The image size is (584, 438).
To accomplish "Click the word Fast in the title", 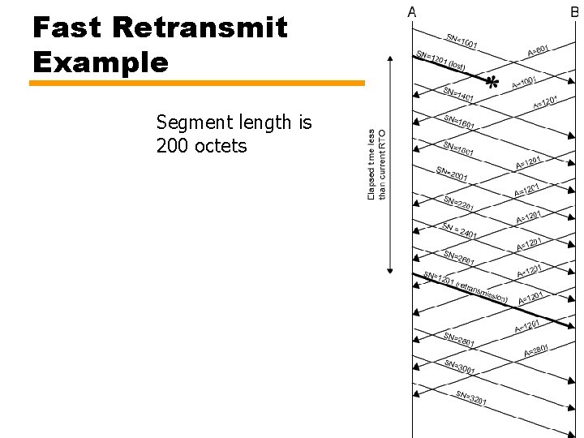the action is (x=67, y=28).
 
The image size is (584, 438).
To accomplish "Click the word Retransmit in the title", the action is (x=200, y=28).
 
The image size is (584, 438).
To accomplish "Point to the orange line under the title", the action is (x=198, y=83).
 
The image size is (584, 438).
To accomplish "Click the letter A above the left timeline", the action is (x=412, y=11).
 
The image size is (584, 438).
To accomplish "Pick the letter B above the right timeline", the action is (x=574, y=11).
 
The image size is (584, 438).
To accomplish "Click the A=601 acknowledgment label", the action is (x=539, y=50).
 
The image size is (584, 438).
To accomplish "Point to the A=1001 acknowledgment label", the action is (x=524, y=82).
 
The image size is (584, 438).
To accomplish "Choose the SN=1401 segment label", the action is (x=459, y=96).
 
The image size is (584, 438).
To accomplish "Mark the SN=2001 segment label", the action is (x=452, y=175).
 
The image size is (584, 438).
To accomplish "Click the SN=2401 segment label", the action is (x=459, y=230).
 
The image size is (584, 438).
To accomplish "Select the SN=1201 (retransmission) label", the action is (x=466, y=287).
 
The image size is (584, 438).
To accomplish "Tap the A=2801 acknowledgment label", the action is (x=536, y=350).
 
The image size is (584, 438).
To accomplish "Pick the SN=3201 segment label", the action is (x=471, y=398).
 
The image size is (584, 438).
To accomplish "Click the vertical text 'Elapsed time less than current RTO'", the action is (x=377, y=165).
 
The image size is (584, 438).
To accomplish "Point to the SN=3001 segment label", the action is (x=459, y=367).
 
